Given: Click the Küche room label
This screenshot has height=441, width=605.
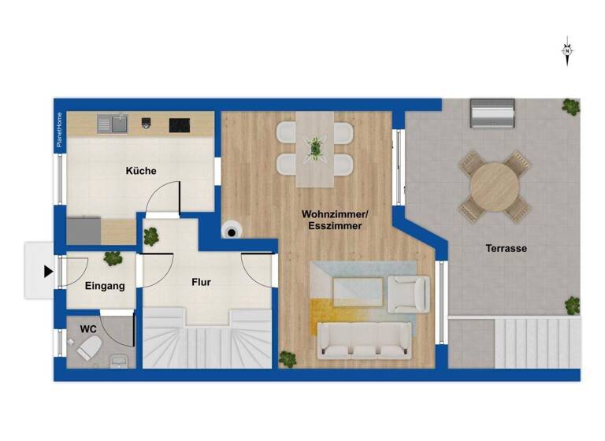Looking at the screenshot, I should pyautogui.click(x=141, y=171).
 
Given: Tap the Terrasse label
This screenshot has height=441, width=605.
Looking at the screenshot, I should pyautogui.click(x=506, y=248).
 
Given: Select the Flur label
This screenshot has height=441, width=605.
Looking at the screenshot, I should pyautogui.click(x=201, y=282).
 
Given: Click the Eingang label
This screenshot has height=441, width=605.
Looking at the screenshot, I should pyautogui.click(x=105, y=286).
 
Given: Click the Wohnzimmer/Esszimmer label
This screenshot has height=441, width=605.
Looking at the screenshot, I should pyautogui.click(x=332, y=220).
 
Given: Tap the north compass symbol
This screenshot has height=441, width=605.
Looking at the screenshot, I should pyautogui.click(x=566, y=50).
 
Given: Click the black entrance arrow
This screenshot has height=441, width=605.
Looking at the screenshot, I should pyautogui.click(x=48, y=272).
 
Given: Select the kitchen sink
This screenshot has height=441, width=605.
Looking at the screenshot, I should pyautogui.click(x=113, y=124).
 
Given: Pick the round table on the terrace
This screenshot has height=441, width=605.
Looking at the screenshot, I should pyautogui.click(x=495, y=186).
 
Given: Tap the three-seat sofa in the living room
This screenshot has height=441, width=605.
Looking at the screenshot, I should pyautogui.click(x=363, y=339).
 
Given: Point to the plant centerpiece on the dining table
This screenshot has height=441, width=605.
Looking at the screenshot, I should pyautogui.click(x=315, y=146).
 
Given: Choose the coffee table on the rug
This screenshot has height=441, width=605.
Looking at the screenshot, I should pyautogui.click(x=358, y=291).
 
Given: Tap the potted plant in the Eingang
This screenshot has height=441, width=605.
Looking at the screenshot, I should pyautogui.click(x=113, y=258).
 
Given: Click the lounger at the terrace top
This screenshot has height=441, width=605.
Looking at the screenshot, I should pyautogui.click(x=492, y=113).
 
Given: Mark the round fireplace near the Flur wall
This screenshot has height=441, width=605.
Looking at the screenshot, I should pyautogui.click(x=232, y=229).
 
